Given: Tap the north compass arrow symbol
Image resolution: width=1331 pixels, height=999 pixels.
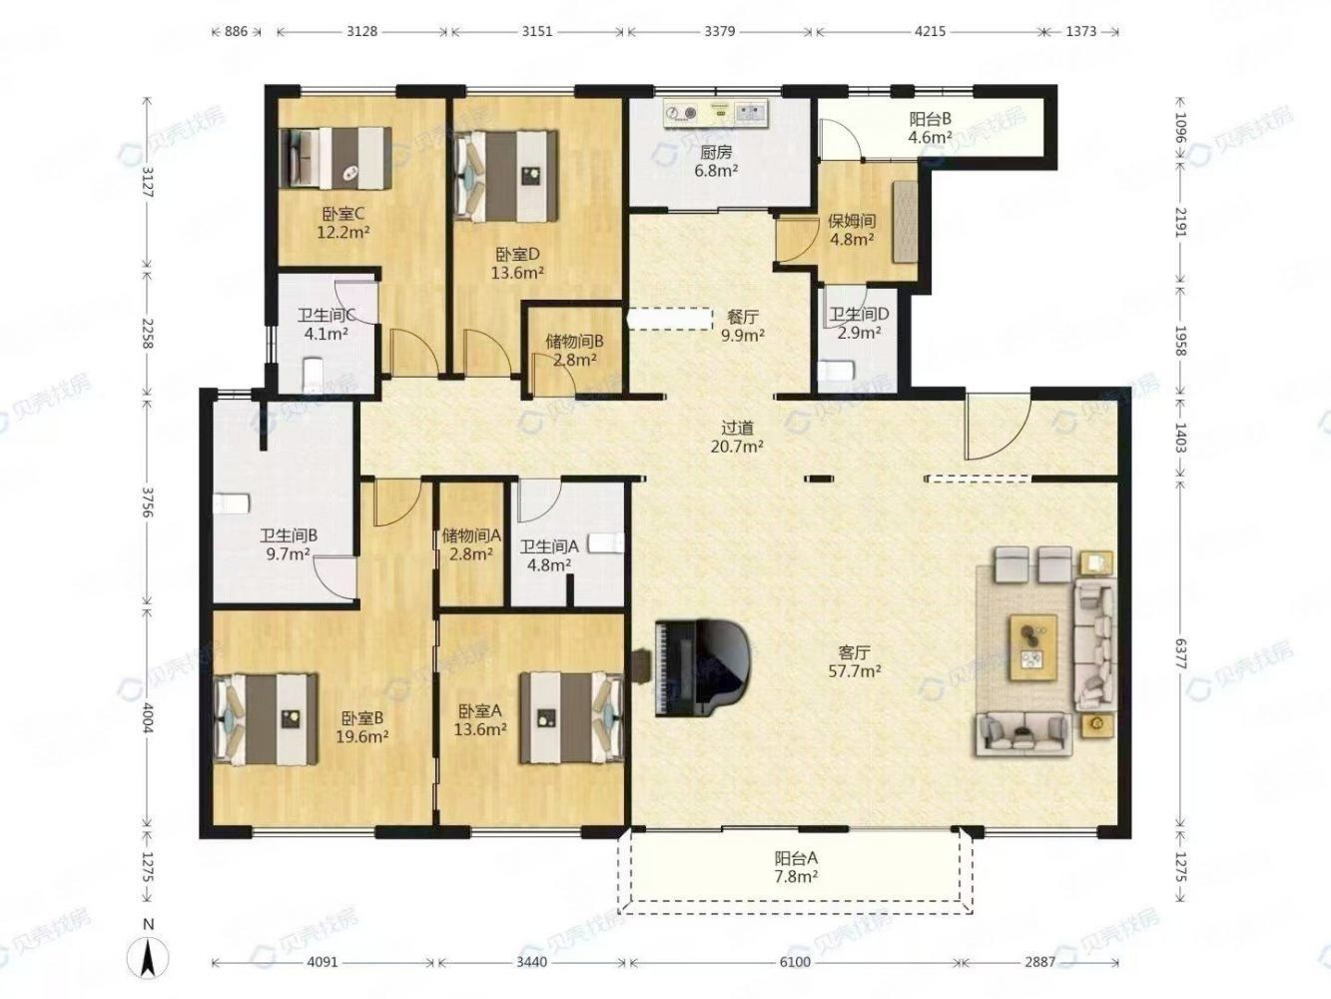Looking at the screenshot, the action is pos(149,957).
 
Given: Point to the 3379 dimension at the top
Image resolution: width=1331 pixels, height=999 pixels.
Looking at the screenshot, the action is pos(719,31).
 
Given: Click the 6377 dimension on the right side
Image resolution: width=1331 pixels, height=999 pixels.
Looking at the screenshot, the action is pos(1179,654).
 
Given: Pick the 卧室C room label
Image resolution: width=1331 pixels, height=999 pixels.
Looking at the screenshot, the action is pos(343,214).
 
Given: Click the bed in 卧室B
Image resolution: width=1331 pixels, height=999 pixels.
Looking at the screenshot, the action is pos(266,719).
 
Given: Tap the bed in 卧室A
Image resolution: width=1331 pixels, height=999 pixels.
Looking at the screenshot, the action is pos(571,717).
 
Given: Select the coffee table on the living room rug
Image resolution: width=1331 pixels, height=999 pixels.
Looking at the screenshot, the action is pos(1032,647).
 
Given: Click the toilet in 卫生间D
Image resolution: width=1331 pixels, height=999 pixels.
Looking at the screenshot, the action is pos(836,369).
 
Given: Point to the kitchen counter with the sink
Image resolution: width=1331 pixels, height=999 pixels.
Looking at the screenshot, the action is pos(716,114).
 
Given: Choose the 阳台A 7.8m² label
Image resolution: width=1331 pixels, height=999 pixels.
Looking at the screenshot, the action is pos(796,867).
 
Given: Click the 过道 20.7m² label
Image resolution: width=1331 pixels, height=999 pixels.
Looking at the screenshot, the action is pos(737,438).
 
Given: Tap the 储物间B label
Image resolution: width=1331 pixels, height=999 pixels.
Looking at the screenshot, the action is pos(574,341).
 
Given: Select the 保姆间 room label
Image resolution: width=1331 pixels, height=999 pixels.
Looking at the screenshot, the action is pos(852,222).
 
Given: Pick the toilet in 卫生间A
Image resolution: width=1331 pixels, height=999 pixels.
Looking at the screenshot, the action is pos(607,543).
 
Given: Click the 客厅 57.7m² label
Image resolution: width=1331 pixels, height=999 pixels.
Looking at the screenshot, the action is pos(854,661).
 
